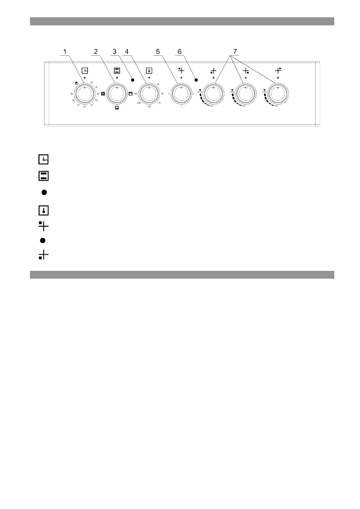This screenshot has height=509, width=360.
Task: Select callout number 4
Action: (127, 52)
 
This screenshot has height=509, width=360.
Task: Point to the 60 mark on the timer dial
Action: (85, 107)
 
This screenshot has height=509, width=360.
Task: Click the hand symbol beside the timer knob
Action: (77, 83)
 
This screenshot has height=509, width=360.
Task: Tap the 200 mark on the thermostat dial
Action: (139, 103)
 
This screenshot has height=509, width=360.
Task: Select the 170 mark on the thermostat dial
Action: (149, 107)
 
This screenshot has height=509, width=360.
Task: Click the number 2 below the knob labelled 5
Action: (181, 107)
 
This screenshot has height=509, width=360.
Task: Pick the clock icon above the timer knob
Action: (85, 71)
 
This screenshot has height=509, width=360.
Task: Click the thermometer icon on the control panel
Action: (149, 71)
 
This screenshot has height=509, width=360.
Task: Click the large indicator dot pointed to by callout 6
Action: (196, 80)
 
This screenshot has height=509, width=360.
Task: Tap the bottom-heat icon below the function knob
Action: (117, 108)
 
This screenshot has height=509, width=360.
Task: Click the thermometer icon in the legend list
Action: (44, 210)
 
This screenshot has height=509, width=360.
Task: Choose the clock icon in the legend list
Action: (44, 159)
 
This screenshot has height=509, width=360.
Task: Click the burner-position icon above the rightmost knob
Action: (278, 71)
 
